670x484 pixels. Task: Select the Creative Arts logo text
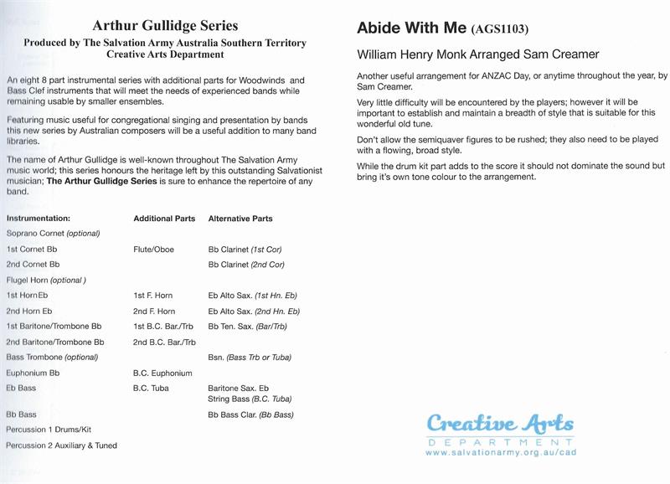tap(500, 424)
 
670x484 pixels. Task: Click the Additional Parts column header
tap(164, 219)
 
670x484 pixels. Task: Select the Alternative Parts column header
tap(240, 219)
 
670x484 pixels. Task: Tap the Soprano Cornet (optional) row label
tap(53, 233)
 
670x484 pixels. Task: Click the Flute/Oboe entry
tap(153, 250)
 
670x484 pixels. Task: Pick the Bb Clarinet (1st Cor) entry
tap(246, 250)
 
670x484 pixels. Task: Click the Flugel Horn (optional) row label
tap(46, 280)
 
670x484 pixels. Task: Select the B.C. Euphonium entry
tap(162, 373)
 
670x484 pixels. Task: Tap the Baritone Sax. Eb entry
tap(239, 389)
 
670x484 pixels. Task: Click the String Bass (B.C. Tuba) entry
tap(250, 399)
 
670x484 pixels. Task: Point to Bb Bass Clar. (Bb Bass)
tap(251, 414)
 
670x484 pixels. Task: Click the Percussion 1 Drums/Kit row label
tap(48, 430)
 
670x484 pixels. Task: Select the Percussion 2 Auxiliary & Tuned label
tap(61, 445)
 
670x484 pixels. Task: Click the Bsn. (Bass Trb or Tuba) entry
tap(250, 358)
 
